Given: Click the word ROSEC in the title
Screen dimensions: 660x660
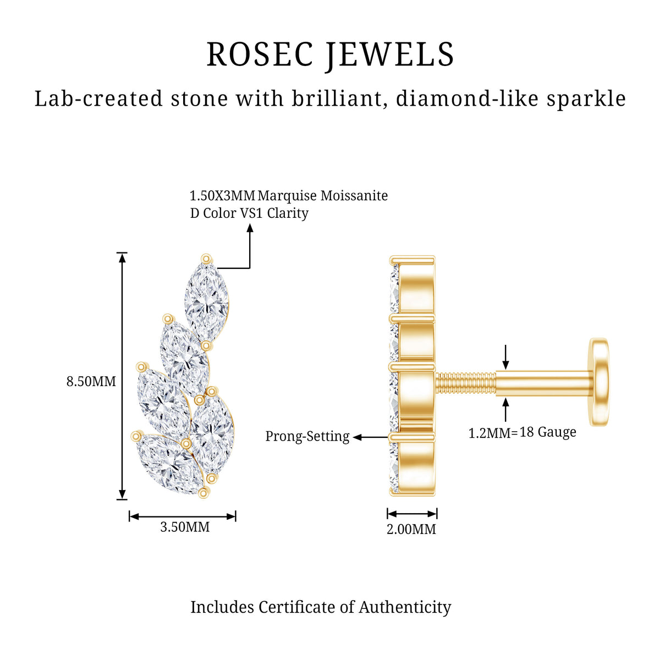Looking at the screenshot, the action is (260, 54).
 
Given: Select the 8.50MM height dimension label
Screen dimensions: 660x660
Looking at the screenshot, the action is (91, 381).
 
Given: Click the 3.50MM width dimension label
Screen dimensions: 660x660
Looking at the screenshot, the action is (185, 527).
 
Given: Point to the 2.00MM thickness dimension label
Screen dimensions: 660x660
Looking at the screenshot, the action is (411, 529).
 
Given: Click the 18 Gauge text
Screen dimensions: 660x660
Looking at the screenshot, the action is (548, 432).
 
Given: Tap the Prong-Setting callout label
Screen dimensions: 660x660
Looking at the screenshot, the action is (307, 436).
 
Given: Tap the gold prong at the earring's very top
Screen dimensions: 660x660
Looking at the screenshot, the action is (206, 258).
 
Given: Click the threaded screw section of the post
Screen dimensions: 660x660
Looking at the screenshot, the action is (466, 384).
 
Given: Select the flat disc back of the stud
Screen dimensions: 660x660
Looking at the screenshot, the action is (599, 382).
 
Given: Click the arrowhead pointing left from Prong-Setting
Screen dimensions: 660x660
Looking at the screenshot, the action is (358, 437).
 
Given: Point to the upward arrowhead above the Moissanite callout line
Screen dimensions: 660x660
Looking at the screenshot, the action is (250, 228).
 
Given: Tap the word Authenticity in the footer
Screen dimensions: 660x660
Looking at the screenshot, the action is (405, 608).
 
